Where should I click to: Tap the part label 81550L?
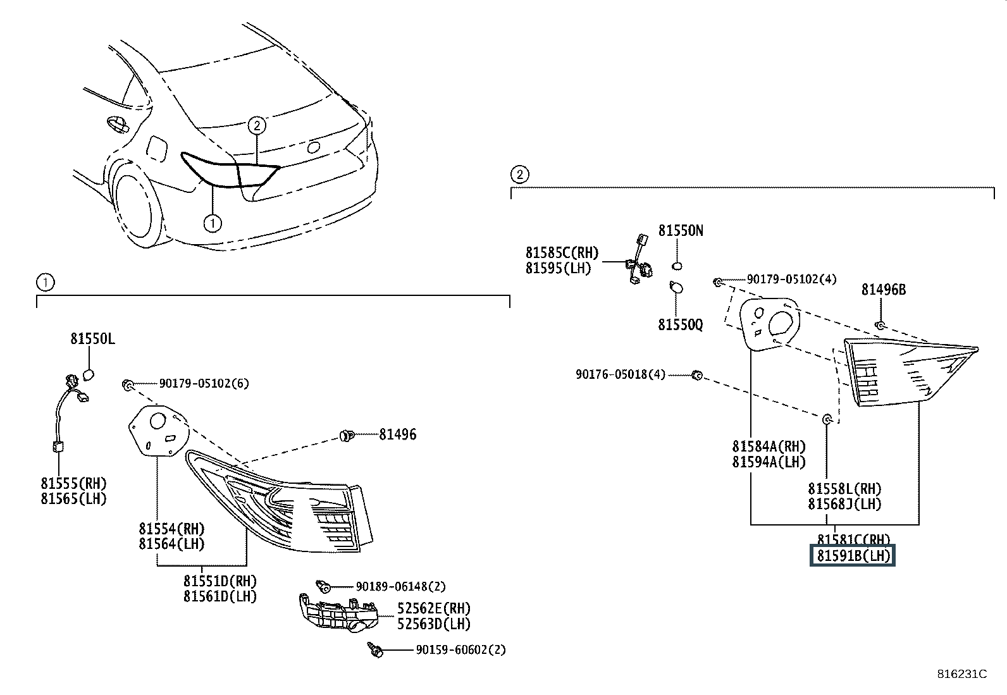pos(92,339)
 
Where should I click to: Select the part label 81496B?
pos(883,290)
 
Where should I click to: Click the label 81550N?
pos(681,231)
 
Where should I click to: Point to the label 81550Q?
pos(680,324)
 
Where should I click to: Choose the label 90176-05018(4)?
pos(621,374)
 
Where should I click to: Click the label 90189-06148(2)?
pos(400,587)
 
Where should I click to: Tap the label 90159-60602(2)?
pos(460,649)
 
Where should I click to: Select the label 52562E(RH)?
pos(434,608)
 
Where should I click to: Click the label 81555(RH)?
pos(74,484)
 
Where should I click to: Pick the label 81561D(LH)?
pos(220,596)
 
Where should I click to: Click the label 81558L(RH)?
pos(844,489)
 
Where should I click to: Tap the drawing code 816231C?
pos(961,674)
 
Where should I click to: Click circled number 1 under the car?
pos(213,223)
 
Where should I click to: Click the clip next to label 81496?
pos(346,434)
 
